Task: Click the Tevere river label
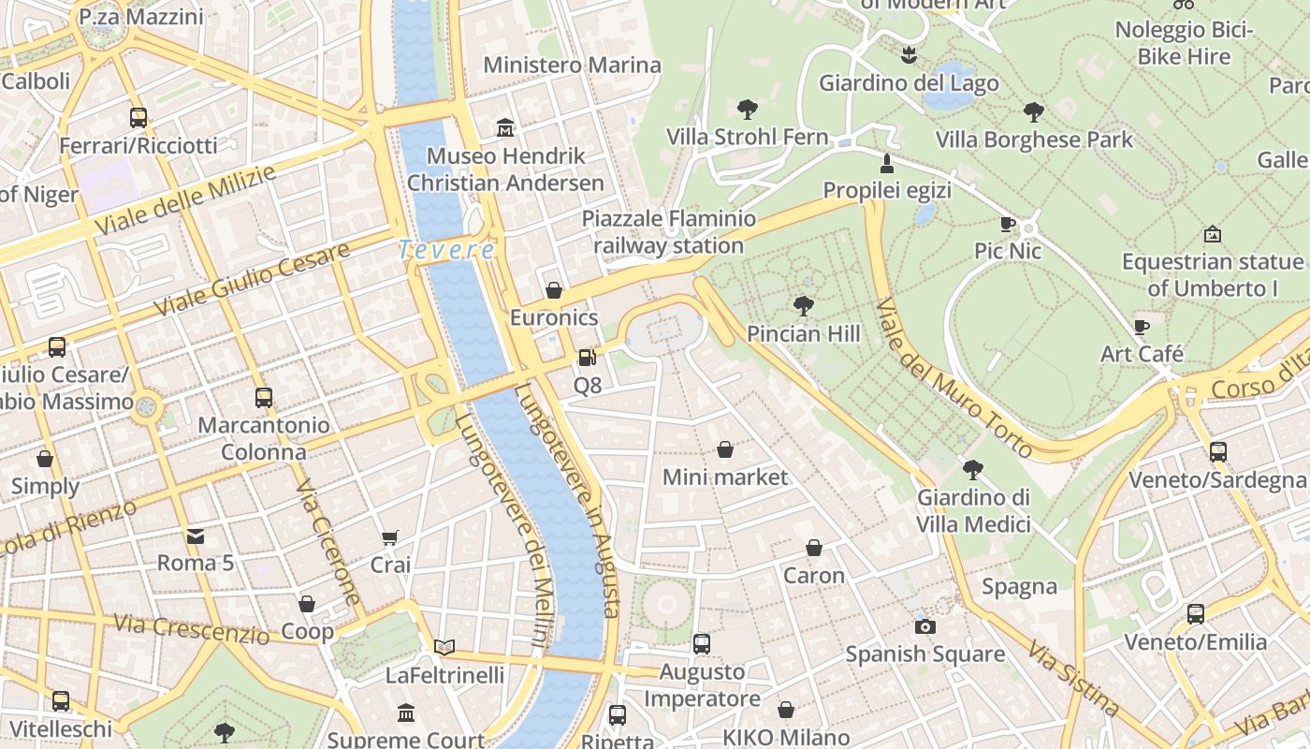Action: point(446,250)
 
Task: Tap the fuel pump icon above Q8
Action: point(587,358)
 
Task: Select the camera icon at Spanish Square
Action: point(925,626)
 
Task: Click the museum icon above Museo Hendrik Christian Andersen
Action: point(505,127)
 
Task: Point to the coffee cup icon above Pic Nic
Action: point(1007,224)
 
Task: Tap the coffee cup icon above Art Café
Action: point(1141,327)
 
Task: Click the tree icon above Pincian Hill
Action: point(803,305)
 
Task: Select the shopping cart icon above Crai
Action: point(390,537)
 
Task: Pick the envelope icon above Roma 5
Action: point(196,536)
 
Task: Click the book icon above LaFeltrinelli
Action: point(444,647)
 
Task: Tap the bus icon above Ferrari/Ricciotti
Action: point(138,118)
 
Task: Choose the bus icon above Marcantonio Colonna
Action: point(264,397)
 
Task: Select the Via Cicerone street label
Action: point(327,542)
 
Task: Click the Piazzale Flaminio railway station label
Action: point(668,232)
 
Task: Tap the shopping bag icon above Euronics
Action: point(554,290)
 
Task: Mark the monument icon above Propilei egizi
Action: point(886,164)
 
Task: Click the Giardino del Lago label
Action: point(909,83)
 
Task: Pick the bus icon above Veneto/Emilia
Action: point(1195,614)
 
